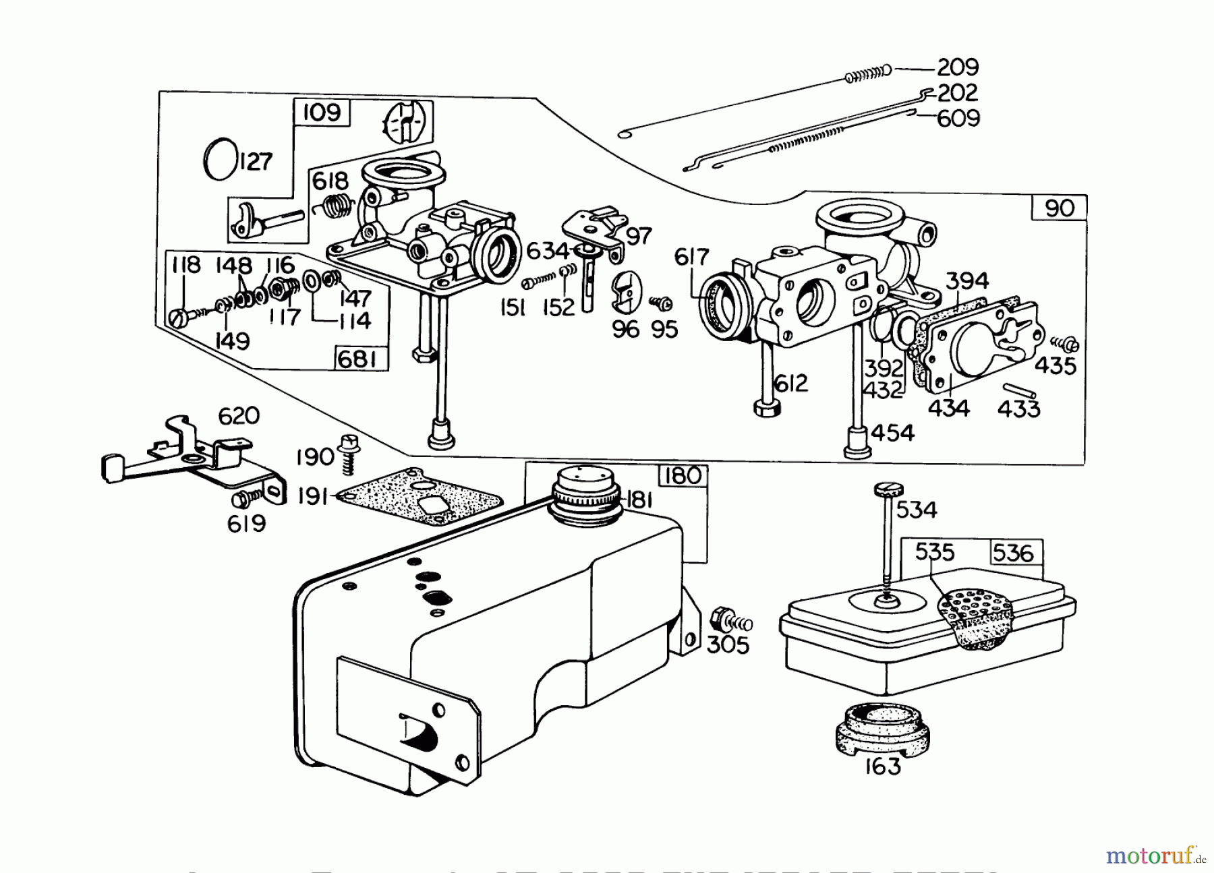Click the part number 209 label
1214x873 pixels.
(x=958, y=67)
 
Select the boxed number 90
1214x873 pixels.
(x=1059, y=208)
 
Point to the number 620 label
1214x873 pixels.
(x=239, y=415)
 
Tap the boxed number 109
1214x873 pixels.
(x=322, y=113)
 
